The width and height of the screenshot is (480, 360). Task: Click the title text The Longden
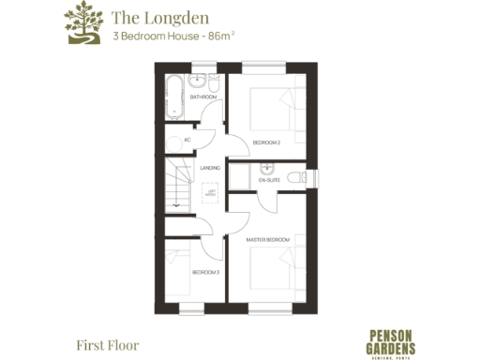click(147, 17)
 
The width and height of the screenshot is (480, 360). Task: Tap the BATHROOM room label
click(203, 97)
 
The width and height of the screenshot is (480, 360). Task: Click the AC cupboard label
click(187, 140)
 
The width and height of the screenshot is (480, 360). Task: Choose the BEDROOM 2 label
click(265, 142)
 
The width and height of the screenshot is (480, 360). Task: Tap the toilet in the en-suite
click(298, 176)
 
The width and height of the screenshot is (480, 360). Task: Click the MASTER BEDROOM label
click(268, 240)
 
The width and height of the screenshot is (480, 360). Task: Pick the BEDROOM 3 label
click(205, 272)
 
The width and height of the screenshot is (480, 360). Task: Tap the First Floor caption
click(107, 344)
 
